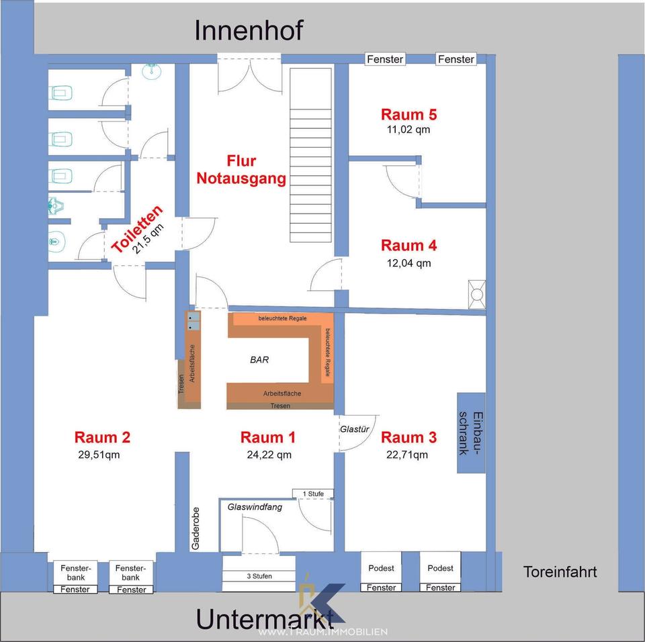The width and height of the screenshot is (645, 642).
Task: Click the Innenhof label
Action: pos(249,30)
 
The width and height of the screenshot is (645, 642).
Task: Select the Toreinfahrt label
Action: pos(560,572)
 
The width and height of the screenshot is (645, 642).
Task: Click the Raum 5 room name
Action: pos(409,113)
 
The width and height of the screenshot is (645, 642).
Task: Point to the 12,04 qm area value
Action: pos(409,263)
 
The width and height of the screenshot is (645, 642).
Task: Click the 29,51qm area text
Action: pos(102,454)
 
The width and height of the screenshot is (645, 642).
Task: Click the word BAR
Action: pos(259,360)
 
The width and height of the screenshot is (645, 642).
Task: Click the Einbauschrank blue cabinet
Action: pos(471,432)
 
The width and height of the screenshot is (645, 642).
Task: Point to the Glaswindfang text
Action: pos(255,507)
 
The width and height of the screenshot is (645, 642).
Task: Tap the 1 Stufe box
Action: pos(313,494)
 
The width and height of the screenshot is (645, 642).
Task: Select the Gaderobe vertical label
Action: pos(196,528)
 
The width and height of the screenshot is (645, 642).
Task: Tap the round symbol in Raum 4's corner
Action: pos(476,293)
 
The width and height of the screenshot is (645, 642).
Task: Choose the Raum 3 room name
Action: pos(409,438)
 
